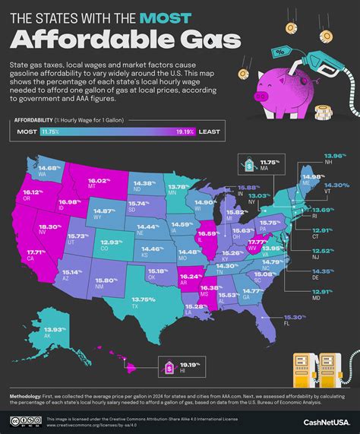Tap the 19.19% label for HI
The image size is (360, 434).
click(x=190, y=346)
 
